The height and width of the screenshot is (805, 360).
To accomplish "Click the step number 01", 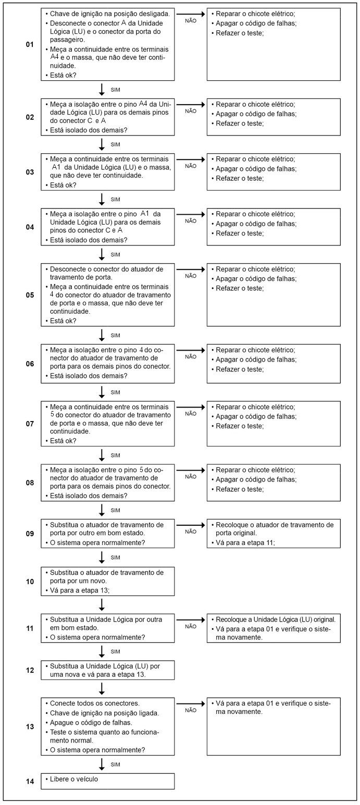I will (x=30, y=44).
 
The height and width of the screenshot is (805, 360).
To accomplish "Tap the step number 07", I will (x=30, y=424).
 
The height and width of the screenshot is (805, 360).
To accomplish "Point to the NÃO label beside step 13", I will (x=191, y=710).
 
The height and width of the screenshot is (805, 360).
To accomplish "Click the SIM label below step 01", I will (x=116, y=90).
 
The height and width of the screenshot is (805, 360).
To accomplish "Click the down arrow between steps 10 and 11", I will (x=102, y=604).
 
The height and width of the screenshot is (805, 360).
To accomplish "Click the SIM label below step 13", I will (x=116, y=764).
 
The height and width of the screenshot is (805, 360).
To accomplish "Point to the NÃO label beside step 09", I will (x=191, y=531).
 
